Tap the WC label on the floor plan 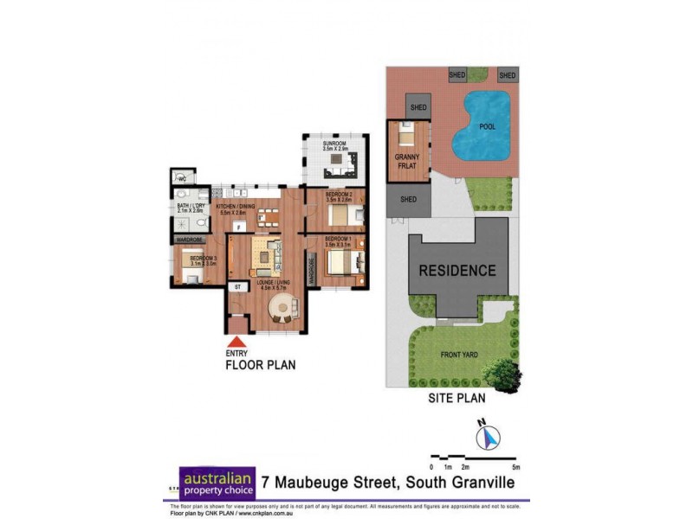click(x=182, y=179)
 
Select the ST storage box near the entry click(x=236, y=286)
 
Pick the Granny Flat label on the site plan click(x=407, y=161)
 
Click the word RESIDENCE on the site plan click(x=458, y=270)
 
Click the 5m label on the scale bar click(x=515, y=467)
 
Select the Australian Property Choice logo click(x=217, y=483)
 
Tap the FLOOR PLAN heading click(x=260, y=365)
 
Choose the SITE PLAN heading click(x=457, y=399)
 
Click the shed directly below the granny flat click(x=408, y=200)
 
